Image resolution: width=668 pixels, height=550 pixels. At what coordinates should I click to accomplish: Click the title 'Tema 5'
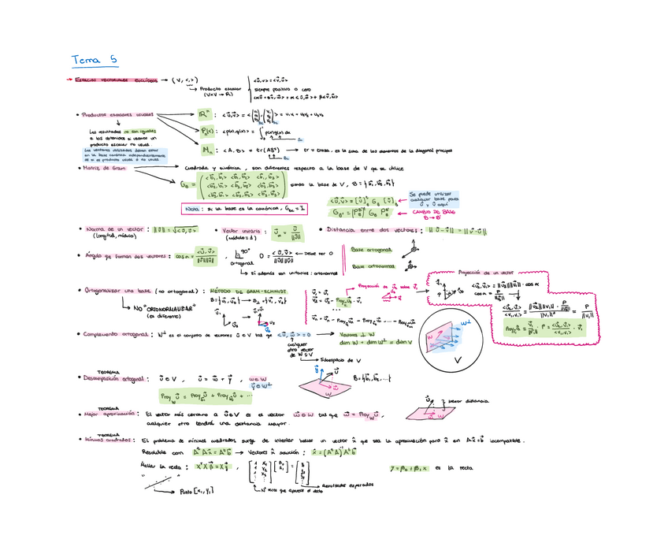(94, 59)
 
